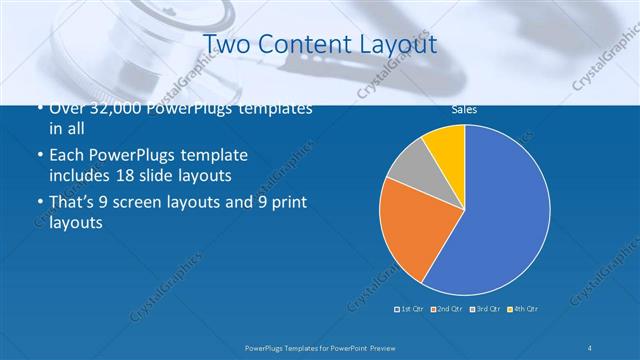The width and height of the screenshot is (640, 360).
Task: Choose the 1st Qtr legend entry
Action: (x=410, y=307)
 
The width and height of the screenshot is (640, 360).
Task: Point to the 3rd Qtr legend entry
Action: (x=485, y=307)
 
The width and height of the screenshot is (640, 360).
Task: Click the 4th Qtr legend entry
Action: (x=524, y=307)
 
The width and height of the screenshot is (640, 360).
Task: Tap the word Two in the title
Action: (x=224, y=45)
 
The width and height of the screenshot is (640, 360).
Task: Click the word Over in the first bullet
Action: (x=68, y=109)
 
